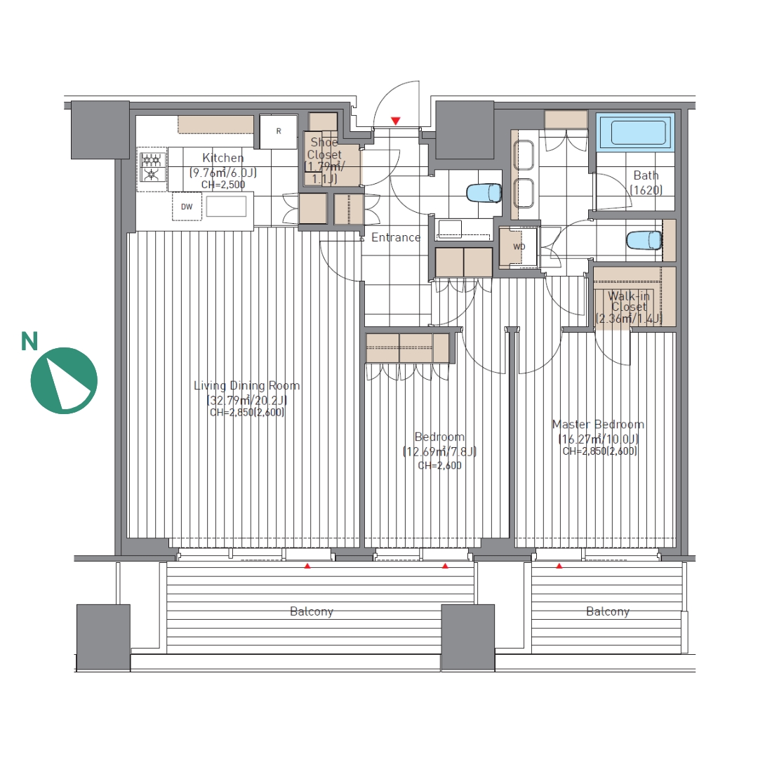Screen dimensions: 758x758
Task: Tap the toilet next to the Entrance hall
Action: tap(484, 192)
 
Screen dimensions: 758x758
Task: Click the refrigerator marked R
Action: tap(279, 131)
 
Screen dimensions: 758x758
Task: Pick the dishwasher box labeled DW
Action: tap(187, 206)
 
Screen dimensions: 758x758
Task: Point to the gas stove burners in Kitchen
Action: tap(152, 167)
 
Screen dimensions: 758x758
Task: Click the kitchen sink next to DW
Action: tap(226, 206)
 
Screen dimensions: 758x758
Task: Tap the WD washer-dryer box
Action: tap(519, 247)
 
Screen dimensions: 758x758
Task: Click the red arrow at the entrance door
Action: tap(396, 121)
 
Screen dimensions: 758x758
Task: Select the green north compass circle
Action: tap(64, 380)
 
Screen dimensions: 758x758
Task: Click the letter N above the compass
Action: tap(29, 341)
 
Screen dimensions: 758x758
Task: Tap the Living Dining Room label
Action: tap(246, 386)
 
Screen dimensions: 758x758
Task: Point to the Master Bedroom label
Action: tap(599, 425)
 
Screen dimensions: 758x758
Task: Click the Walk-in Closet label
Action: tap(628, 301)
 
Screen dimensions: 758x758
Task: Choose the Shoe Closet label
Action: tap(324, 148)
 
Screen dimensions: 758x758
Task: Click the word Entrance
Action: tap(396, 237)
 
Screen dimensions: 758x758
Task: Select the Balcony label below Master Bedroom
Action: tap(608, 611)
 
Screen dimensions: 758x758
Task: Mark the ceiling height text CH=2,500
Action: tap(223, 185)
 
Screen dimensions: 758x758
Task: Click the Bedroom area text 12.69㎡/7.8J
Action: tap(440, 452)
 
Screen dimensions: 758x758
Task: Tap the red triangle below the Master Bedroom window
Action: tap(559, 566)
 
